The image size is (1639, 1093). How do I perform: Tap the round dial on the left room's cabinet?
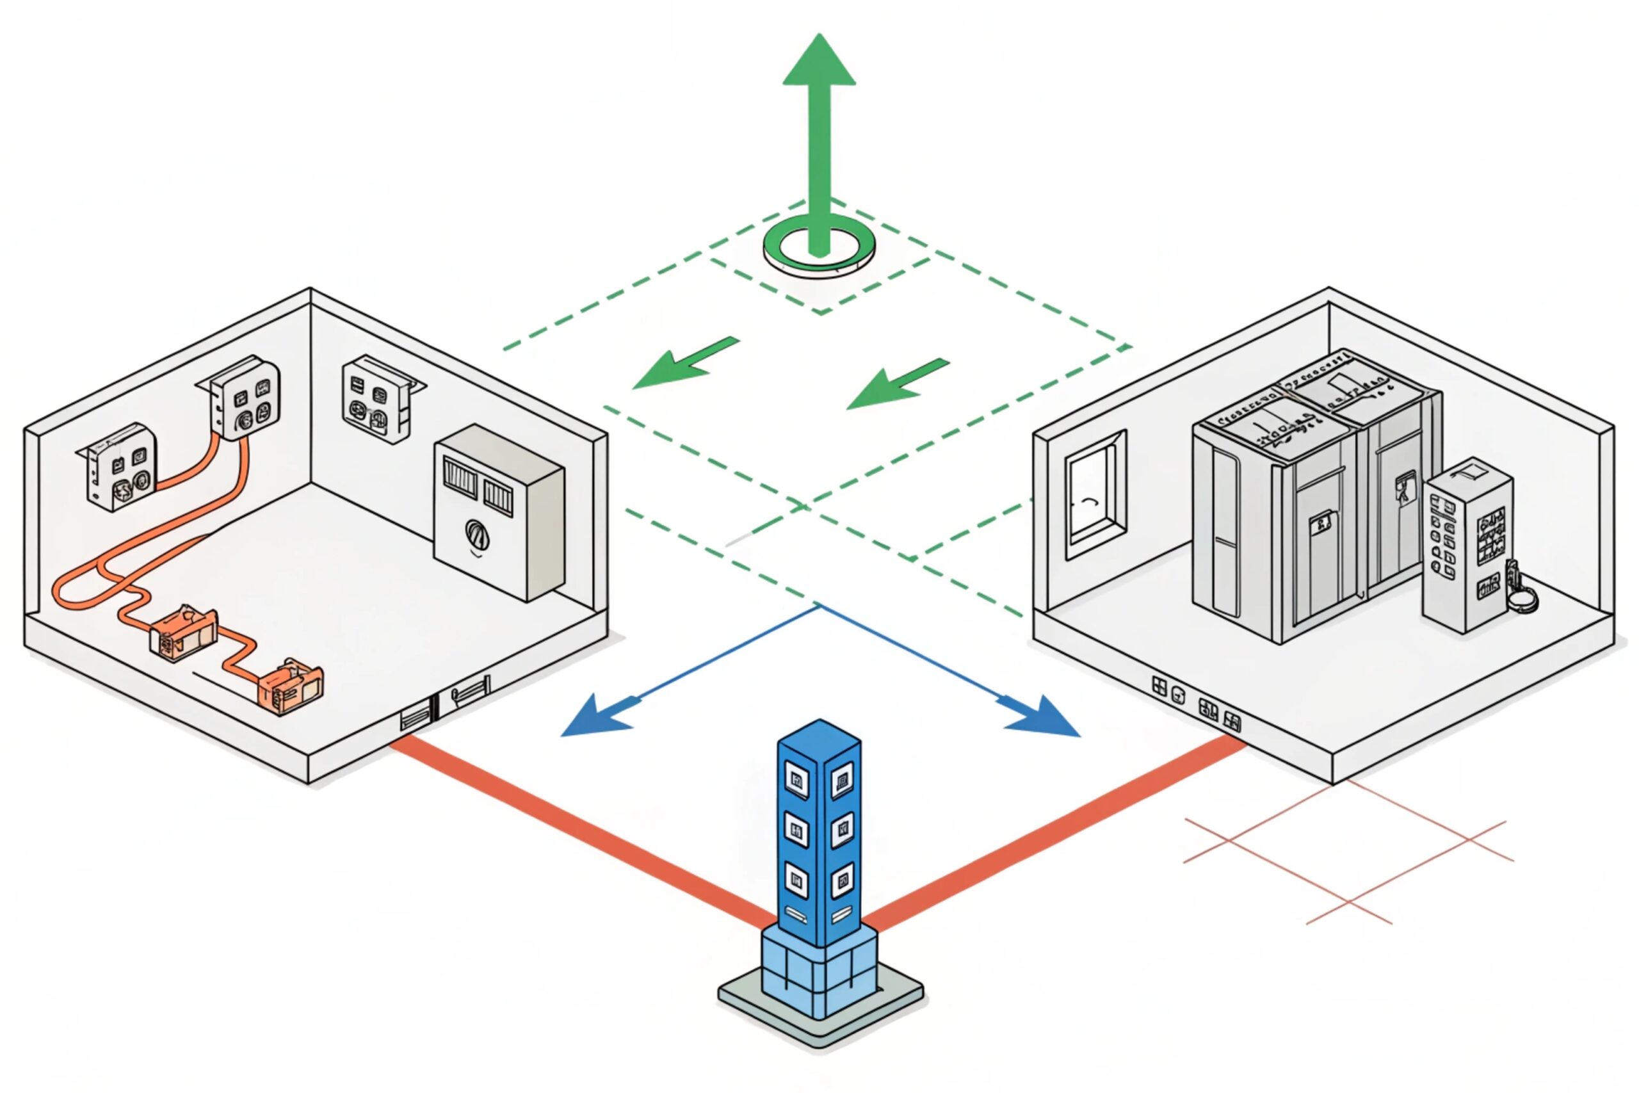(476, 535)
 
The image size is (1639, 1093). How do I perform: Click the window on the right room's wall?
(1095, 495)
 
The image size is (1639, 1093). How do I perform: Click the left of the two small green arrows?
(683, 364)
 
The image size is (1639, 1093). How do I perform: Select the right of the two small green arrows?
(896, 385)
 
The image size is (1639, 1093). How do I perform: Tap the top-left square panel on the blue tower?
(796, 781)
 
